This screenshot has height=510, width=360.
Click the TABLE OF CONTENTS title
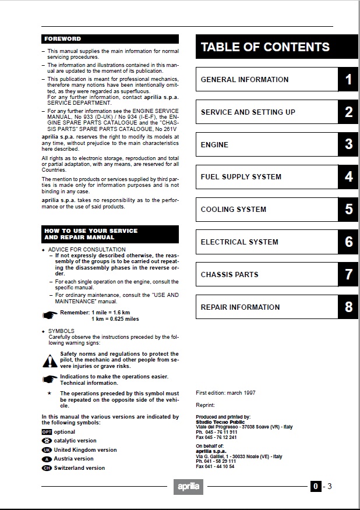265,47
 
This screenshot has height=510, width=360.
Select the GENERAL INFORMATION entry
245,80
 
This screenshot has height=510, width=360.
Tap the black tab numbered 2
348,112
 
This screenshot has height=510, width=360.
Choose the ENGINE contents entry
214,144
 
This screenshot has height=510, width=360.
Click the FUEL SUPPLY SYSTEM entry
241,177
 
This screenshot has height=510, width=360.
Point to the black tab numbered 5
348,210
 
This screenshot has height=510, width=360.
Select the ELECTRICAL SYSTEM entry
239,242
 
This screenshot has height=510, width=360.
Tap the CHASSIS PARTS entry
230,275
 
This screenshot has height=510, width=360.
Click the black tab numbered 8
348,307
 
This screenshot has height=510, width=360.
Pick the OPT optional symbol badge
47,432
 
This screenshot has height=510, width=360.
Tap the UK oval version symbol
47,450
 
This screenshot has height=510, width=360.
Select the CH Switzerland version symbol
47,468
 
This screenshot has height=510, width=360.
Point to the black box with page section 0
315,487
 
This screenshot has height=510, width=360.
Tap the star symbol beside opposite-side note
50,394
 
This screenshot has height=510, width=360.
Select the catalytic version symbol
47,441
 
